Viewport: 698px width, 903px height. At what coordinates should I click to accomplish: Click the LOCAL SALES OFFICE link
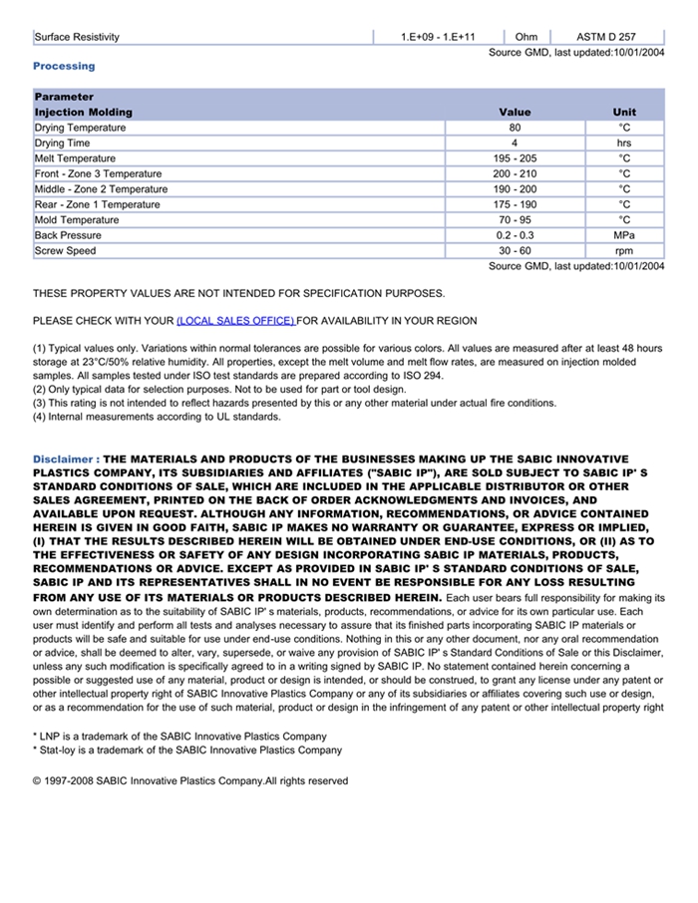click(235, 321)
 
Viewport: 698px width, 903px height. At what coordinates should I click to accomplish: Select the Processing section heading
click(64, 66)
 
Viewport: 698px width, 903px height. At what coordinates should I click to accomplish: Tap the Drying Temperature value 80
click(515, 128)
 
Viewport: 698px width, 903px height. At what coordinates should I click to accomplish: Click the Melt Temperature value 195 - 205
click(515, 158)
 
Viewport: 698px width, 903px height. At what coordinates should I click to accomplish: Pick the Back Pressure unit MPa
click(624, 235)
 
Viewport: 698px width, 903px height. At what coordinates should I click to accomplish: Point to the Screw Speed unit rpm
click(624, 251)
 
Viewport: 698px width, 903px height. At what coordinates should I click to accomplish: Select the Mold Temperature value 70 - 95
click(515, 220)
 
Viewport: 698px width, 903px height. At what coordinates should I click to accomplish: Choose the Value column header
click(515, 113)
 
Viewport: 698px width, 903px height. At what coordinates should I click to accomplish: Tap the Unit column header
click(624, 113)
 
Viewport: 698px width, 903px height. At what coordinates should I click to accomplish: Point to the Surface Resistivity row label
click(77, 37)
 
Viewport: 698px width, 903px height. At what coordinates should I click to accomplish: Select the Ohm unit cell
click(525, 37)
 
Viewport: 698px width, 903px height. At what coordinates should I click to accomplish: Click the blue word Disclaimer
click(64, 459)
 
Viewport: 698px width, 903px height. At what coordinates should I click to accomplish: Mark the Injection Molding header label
click(83, 113)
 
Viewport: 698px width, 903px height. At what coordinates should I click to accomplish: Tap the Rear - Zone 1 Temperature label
click(97, 205)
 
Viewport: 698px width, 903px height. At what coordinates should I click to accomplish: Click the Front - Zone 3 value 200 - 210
click(515, 174)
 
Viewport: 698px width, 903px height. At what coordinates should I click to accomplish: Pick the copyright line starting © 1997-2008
click(190, 781)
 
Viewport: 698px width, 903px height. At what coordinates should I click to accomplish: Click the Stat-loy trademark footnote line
click(187, 751)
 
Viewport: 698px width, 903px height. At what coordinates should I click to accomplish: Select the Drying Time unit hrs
click(624, 144)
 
